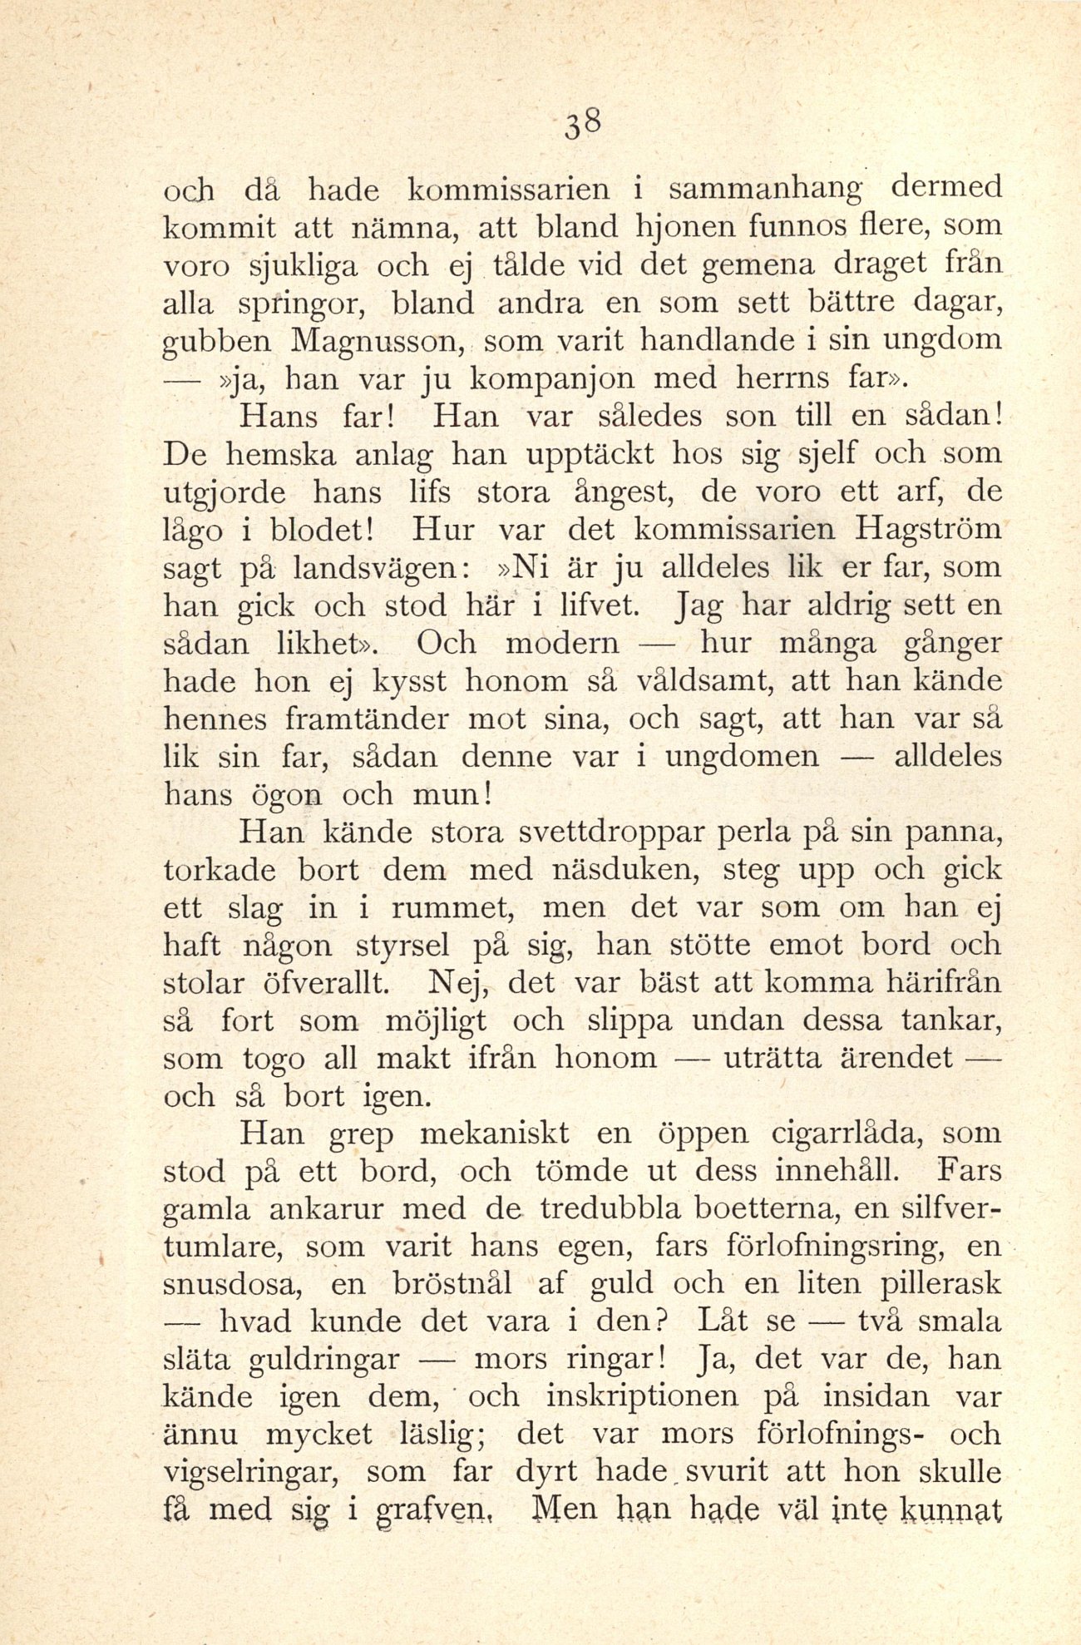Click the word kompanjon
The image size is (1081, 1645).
[x=555, y=379]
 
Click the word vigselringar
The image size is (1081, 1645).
[x=252, y=1473]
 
